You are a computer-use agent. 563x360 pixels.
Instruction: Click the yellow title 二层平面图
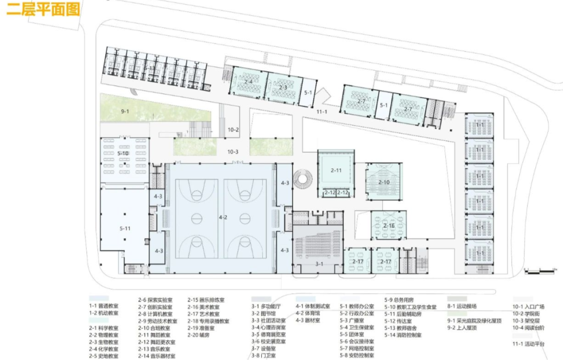43,10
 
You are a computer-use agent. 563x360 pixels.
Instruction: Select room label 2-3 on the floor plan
283,88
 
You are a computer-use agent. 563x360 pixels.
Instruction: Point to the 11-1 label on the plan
322,111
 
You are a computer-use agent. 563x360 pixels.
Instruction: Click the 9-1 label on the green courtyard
125,111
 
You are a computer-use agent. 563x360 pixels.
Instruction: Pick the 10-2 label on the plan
232,130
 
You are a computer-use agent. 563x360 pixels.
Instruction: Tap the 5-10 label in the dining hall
123,153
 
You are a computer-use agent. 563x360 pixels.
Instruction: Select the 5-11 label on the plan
125,228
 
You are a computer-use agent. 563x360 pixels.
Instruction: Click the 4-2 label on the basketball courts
223,217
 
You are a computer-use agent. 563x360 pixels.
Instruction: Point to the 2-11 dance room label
336,170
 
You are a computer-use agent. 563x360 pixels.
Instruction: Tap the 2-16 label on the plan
388,226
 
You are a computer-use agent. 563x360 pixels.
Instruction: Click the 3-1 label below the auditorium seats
319,264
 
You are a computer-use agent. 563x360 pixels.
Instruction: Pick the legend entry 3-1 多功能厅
265,307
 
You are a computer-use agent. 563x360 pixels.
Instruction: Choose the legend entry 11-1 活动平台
528,344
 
